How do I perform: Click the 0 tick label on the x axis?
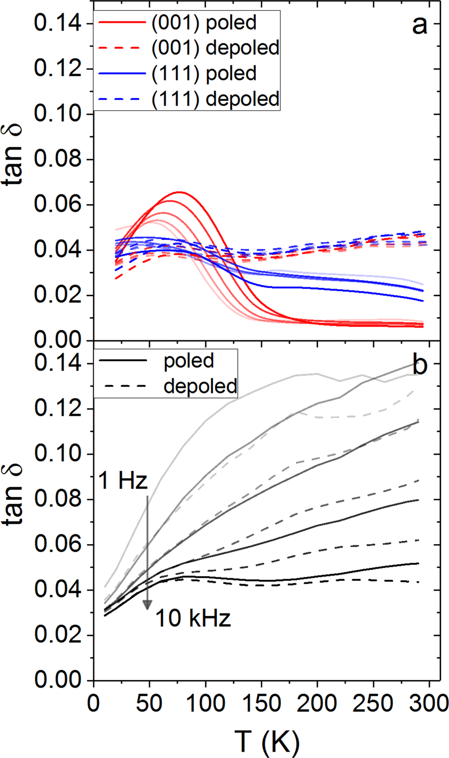tap(94, 699)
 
